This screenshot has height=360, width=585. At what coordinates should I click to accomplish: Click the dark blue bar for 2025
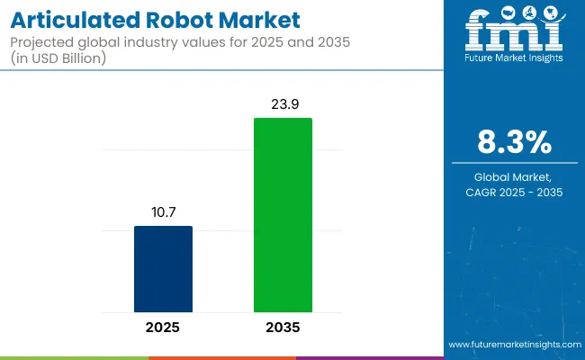click(163, 268)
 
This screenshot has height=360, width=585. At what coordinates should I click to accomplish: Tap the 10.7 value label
click(163, 212)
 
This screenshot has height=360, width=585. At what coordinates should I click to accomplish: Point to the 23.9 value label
click(283, 104)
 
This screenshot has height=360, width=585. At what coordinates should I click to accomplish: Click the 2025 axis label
click(163, 327)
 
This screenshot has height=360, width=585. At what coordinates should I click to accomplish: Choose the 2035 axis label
click(283, 327)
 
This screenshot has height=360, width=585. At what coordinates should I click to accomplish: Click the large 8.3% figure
click(514, 141)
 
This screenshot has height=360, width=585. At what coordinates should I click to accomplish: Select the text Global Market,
click(514, 176)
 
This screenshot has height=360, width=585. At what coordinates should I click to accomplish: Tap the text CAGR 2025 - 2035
click(514, 192)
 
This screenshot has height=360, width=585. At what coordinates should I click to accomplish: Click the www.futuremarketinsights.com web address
click(514, 345)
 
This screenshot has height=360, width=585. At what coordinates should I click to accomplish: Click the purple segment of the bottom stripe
click(369, 357)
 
